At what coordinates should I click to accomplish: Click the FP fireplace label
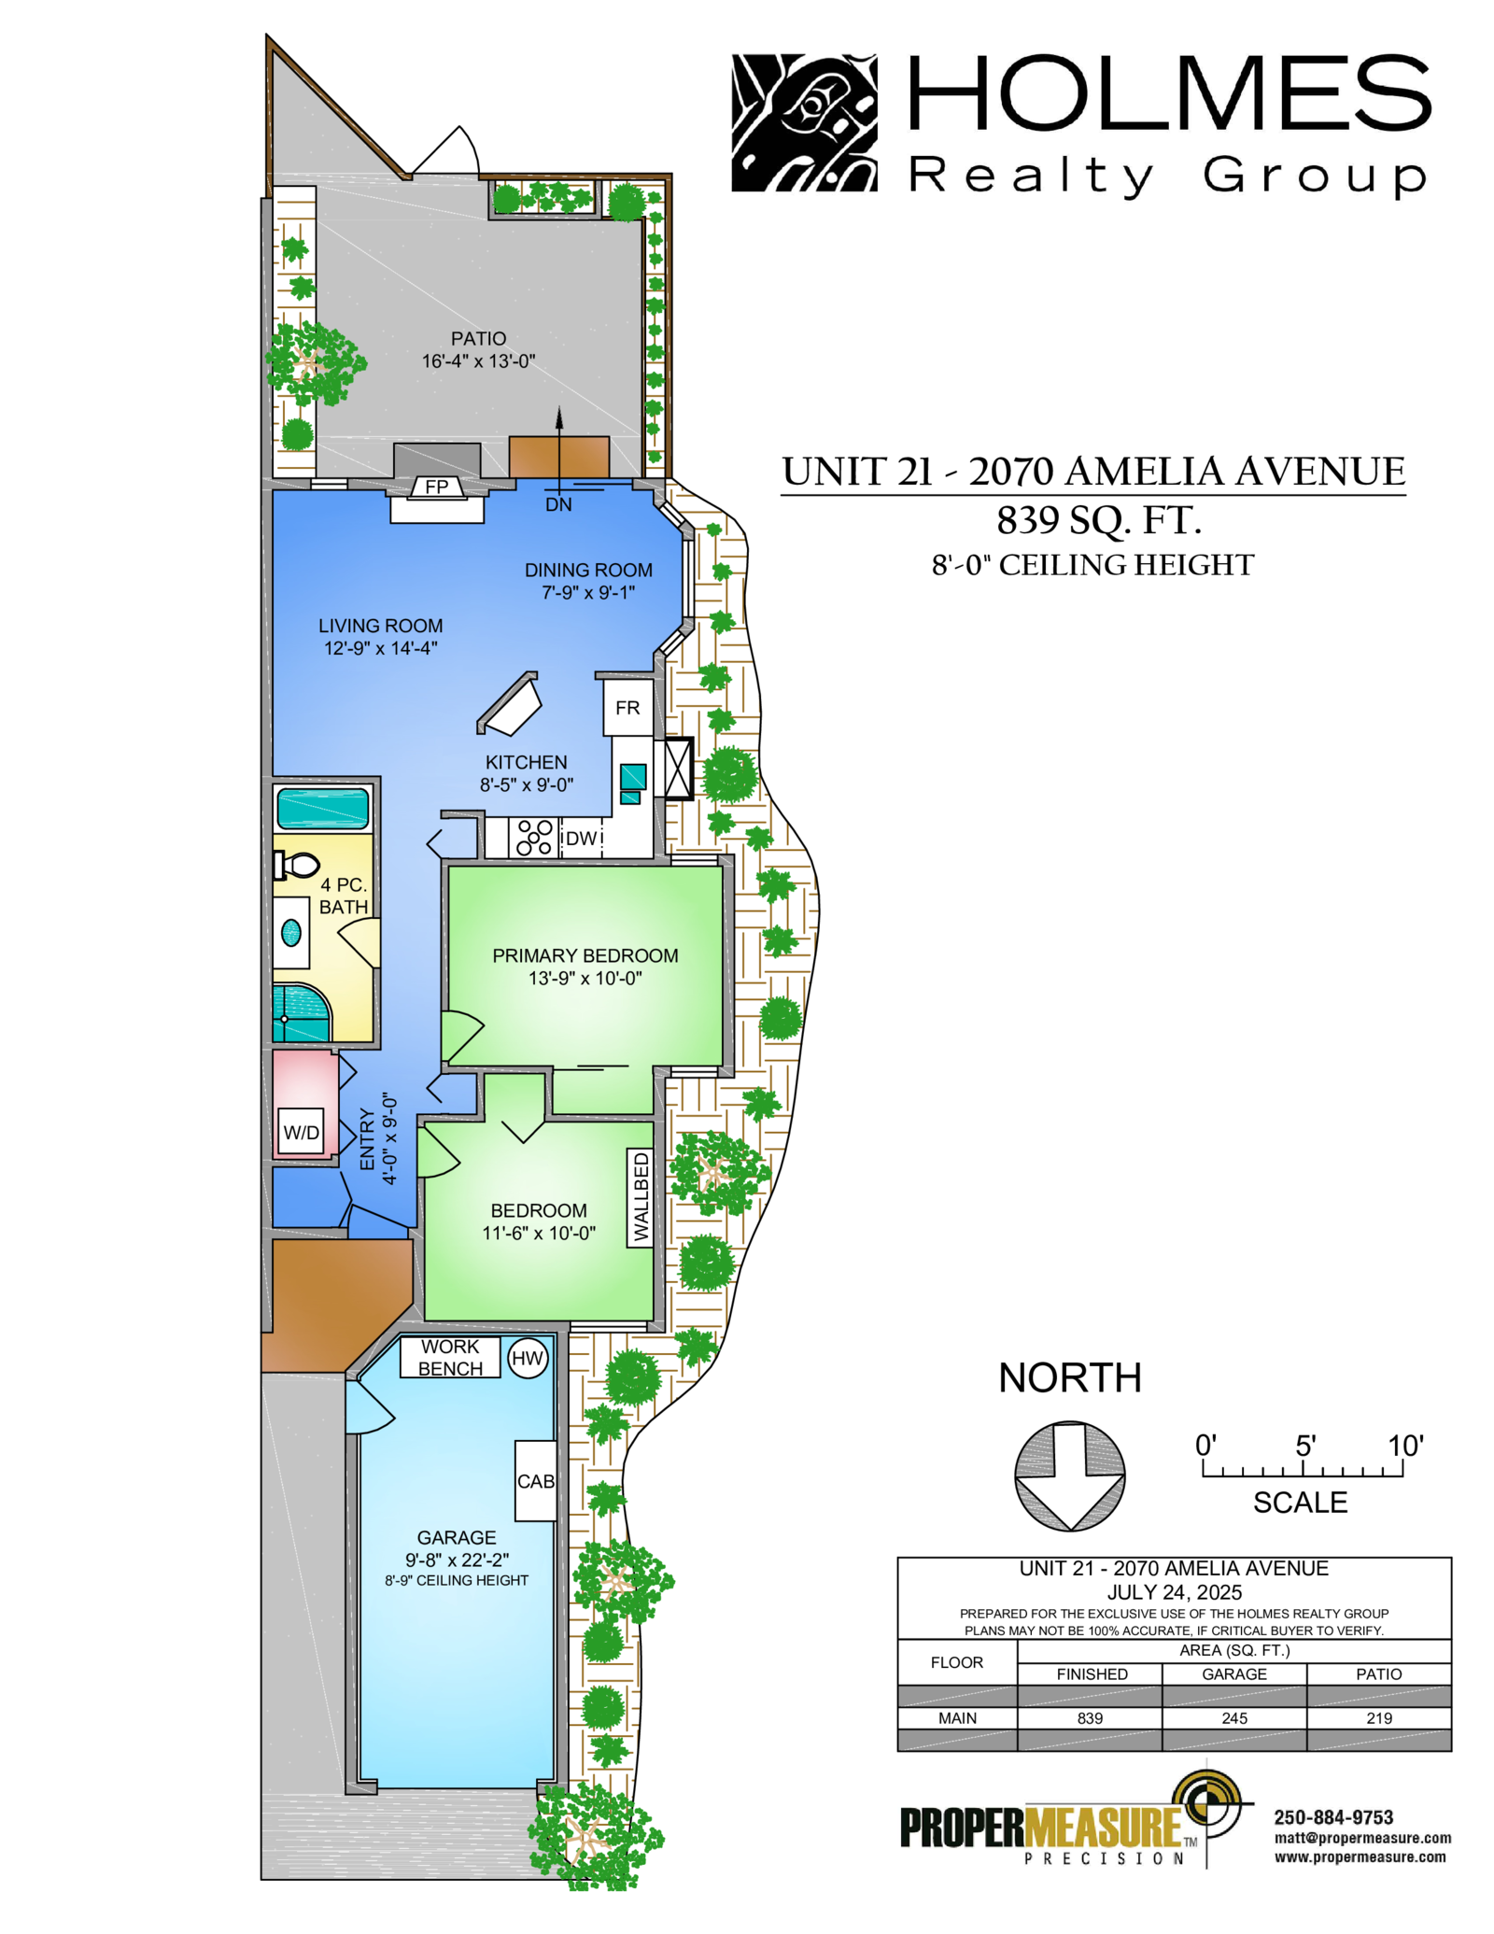pyautogui.click(x=436, y=487)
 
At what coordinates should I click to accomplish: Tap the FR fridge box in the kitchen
pyautogui.click(x=627, y=708)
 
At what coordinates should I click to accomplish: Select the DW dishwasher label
pyautogui.click(x=581, y=839)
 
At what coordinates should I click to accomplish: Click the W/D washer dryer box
pyautogui.click(x=301, y=1133)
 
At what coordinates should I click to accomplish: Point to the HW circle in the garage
pyautogui.click(x=528, y=1359)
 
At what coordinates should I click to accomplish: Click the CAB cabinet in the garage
pyautogui.click(x=536, y=1481)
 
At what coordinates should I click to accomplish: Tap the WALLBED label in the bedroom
pyautogui.click(x=641, y=1197)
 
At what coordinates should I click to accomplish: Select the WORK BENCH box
pyautogui.click(x=450, y=1358)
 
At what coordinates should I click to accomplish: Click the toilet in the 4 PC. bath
pyautogui.click(x=297, y=866)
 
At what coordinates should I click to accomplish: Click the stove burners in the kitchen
pyautogui.click(x=534, y=838)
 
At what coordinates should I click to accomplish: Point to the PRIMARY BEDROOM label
pyautogui.click(x=585, y=955)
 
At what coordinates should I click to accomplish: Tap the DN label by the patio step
pyautogui.click(x=558, y=505)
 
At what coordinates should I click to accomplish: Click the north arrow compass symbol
pyautogui.click(x=1070, y=1476)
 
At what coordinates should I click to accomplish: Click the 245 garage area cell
pyautogui.click(x=1234, y=1718)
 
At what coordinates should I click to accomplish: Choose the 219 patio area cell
pyautogui.click(x=1379, y=1718)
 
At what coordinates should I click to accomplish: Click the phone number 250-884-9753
pyautogui.click(x=1333, y=1817)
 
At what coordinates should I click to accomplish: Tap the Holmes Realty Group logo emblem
pyautogui.click(x=804, y=122)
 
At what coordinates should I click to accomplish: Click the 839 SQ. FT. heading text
pyautogui.click(x=1099, y=520)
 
